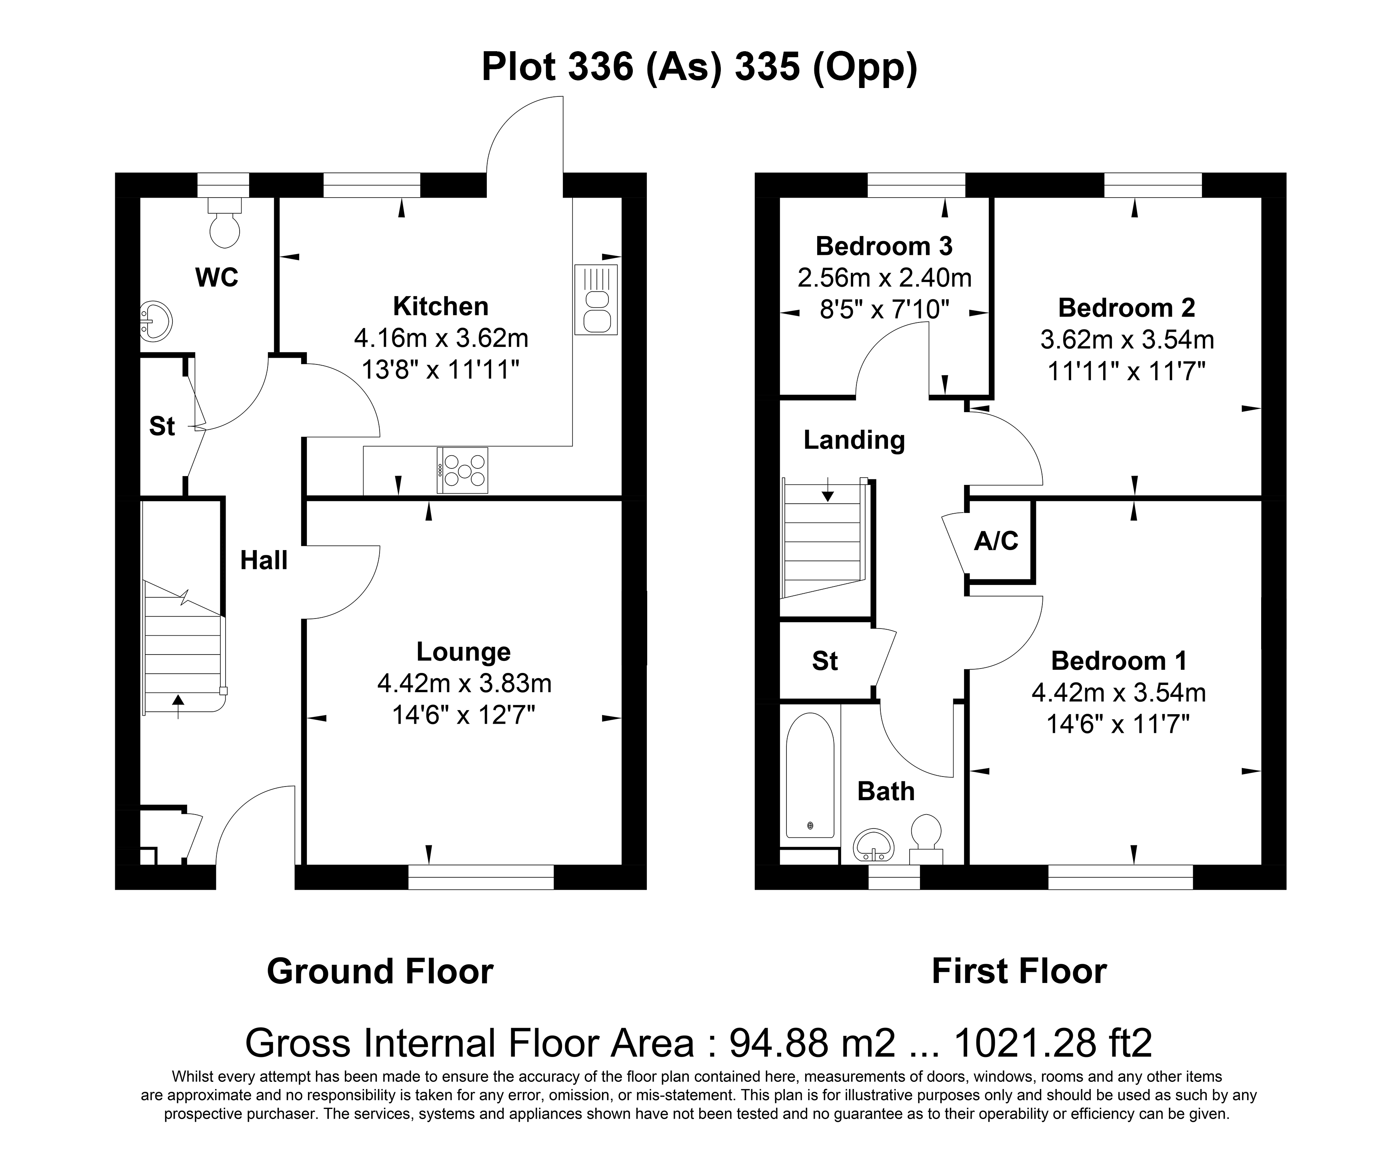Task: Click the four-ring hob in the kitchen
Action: (463, 470)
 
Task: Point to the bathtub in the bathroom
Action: (810, 776)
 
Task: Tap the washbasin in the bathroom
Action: (873, 846)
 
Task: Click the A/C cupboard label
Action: (996, 541)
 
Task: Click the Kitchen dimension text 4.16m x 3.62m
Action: (441, 338)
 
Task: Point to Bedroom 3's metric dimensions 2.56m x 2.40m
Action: (884, 277)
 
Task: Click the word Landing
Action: (854, 440)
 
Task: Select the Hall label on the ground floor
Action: (264, 560)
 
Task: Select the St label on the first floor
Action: (825, 661)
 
